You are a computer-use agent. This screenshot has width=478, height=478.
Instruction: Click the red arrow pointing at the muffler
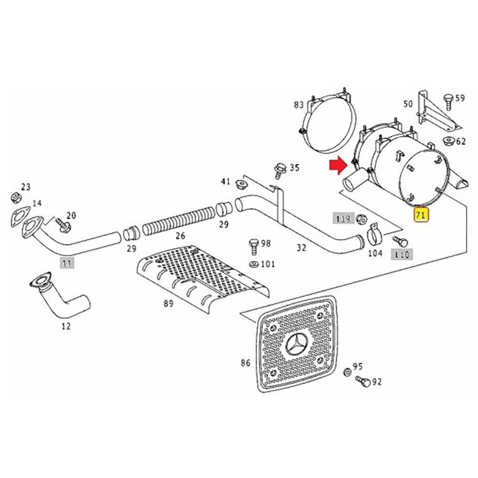point(338,165)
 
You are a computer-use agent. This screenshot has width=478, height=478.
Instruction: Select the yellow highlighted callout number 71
point(421,215)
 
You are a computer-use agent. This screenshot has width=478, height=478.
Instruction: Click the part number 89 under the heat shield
point(168,303)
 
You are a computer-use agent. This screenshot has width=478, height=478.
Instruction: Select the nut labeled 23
point(15,197)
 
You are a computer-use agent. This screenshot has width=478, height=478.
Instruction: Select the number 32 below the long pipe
point(301,248)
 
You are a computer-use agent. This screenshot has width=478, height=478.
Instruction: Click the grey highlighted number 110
point(402,255)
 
